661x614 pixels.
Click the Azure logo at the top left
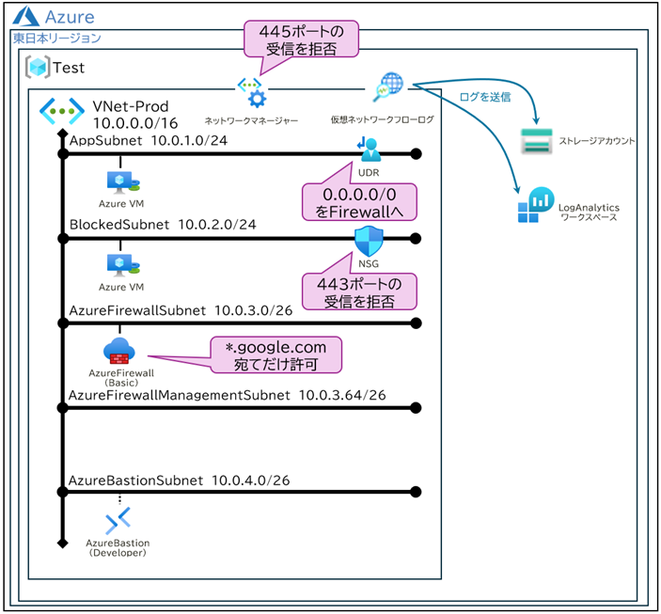pyautogui.click(x=26, y=17)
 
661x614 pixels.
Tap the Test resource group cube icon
pyautogui.click(x=38, y=68)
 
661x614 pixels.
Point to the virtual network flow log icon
pyautogui.click(x=386, y=87)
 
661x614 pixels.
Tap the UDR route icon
pyautogui.click(x=368, y=150)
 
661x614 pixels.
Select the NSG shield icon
pyautogui.click(x=368, y=242)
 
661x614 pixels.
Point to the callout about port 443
pyautogui.click(x=357, y=291)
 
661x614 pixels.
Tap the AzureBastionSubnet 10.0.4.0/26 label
pyautogui.click(x=179, y=480)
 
